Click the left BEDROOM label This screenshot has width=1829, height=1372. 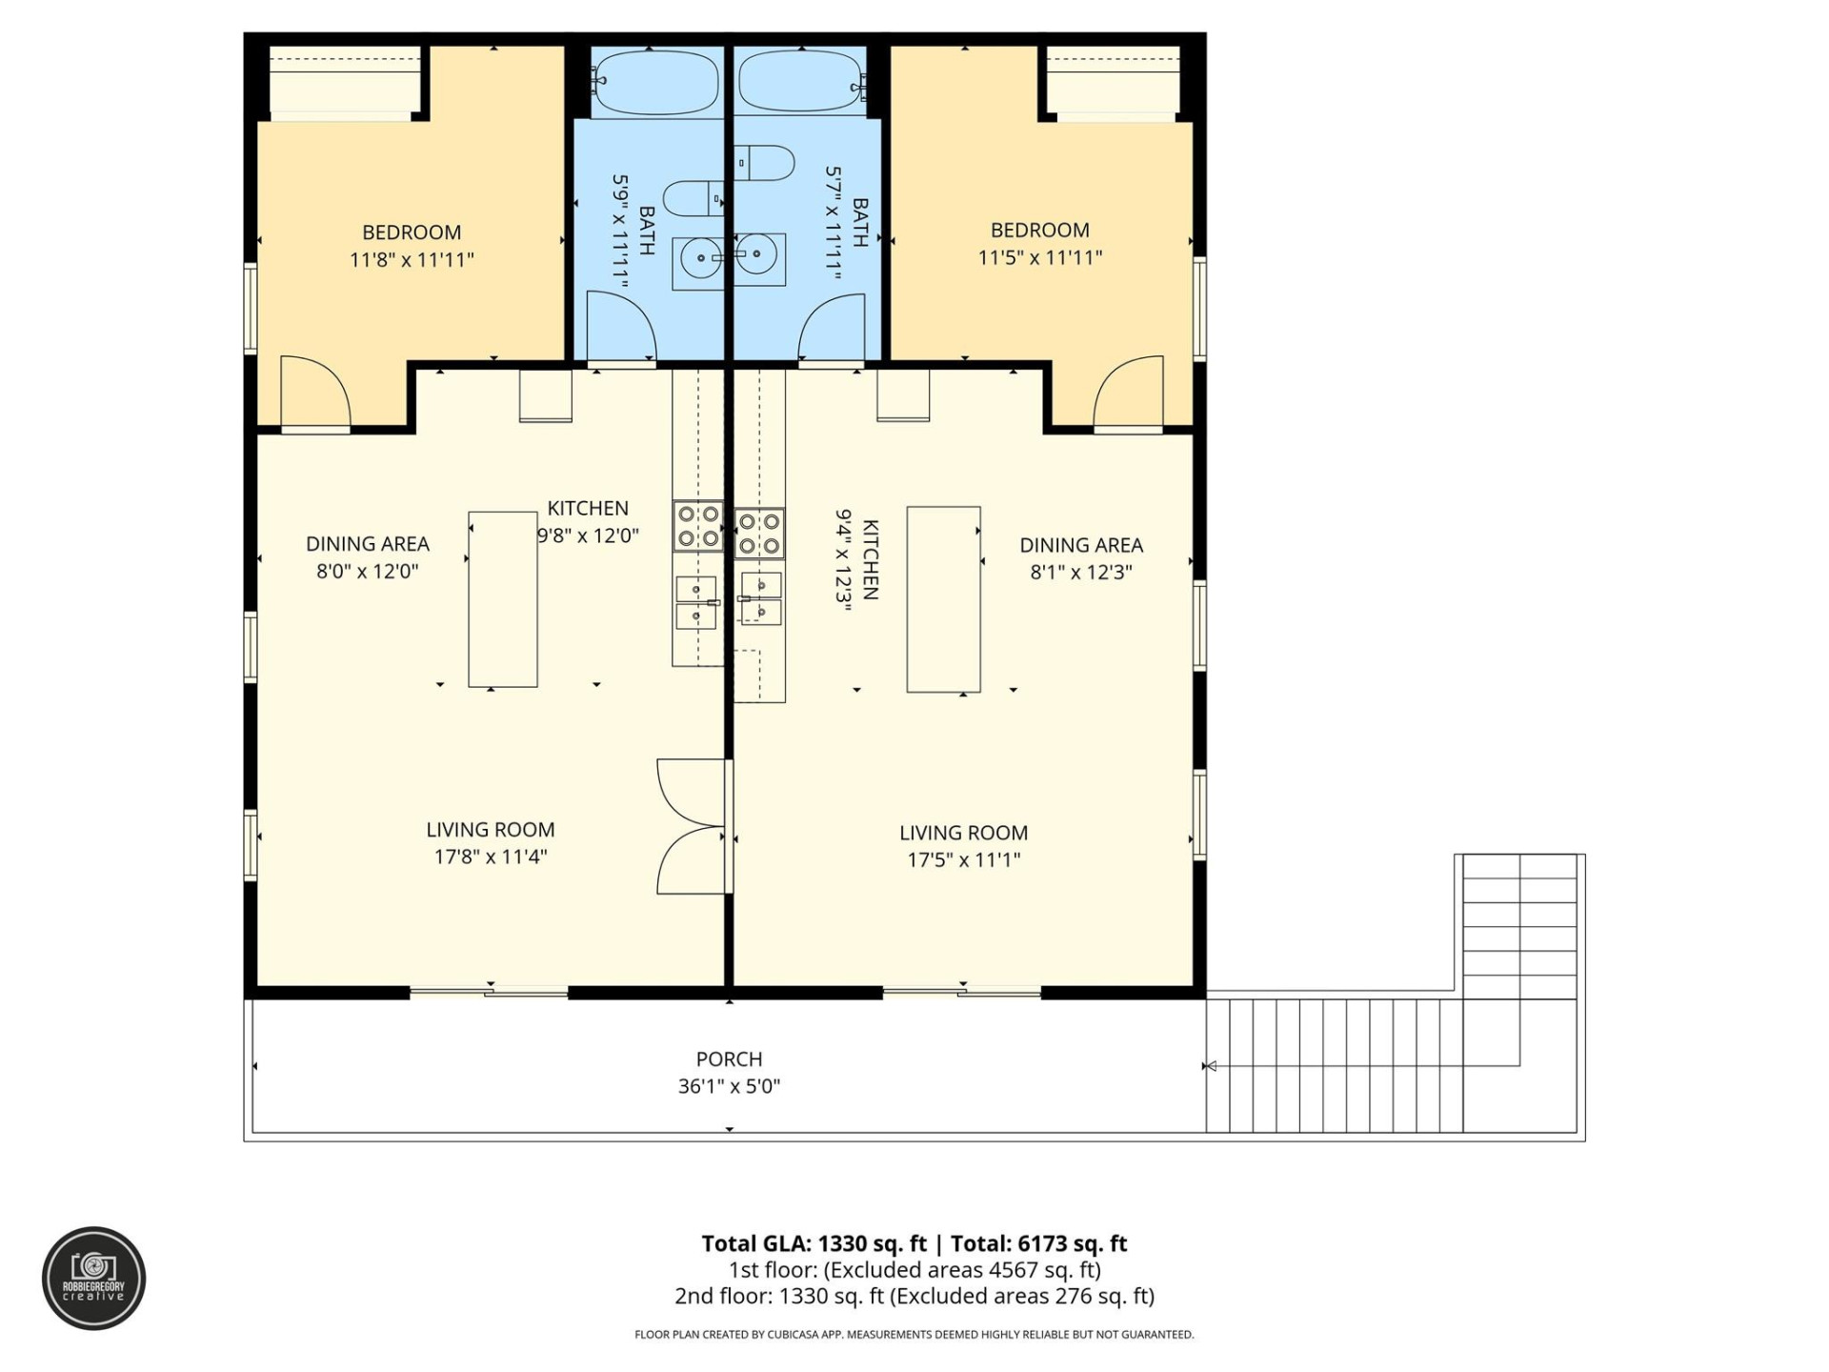[412, 232]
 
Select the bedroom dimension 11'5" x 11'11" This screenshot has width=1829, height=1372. [1039, 257]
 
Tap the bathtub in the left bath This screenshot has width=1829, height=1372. [655, 82]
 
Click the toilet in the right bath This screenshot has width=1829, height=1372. [765, 163]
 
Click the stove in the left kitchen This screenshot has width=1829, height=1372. [697, 527]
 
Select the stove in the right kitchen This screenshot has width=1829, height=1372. [760, 533]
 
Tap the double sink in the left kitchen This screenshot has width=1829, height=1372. [696, 603]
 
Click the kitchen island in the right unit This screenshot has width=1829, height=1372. [943, 598]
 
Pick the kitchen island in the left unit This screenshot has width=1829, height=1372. [502, 598]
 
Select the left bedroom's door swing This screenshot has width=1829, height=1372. [315, 392]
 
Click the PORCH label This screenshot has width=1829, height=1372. [729, 1059]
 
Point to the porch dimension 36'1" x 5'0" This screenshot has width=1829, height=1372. [729, 1086]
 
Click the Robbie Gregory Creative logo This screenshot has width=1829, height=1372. [93, 1279]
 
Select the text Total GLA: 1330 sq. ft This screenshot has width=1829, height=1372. [814, 1243]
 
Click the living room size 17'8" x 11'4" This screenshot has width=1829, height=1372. [491, 857]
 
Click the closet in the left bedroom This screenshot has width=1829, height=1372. [345, 82]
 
